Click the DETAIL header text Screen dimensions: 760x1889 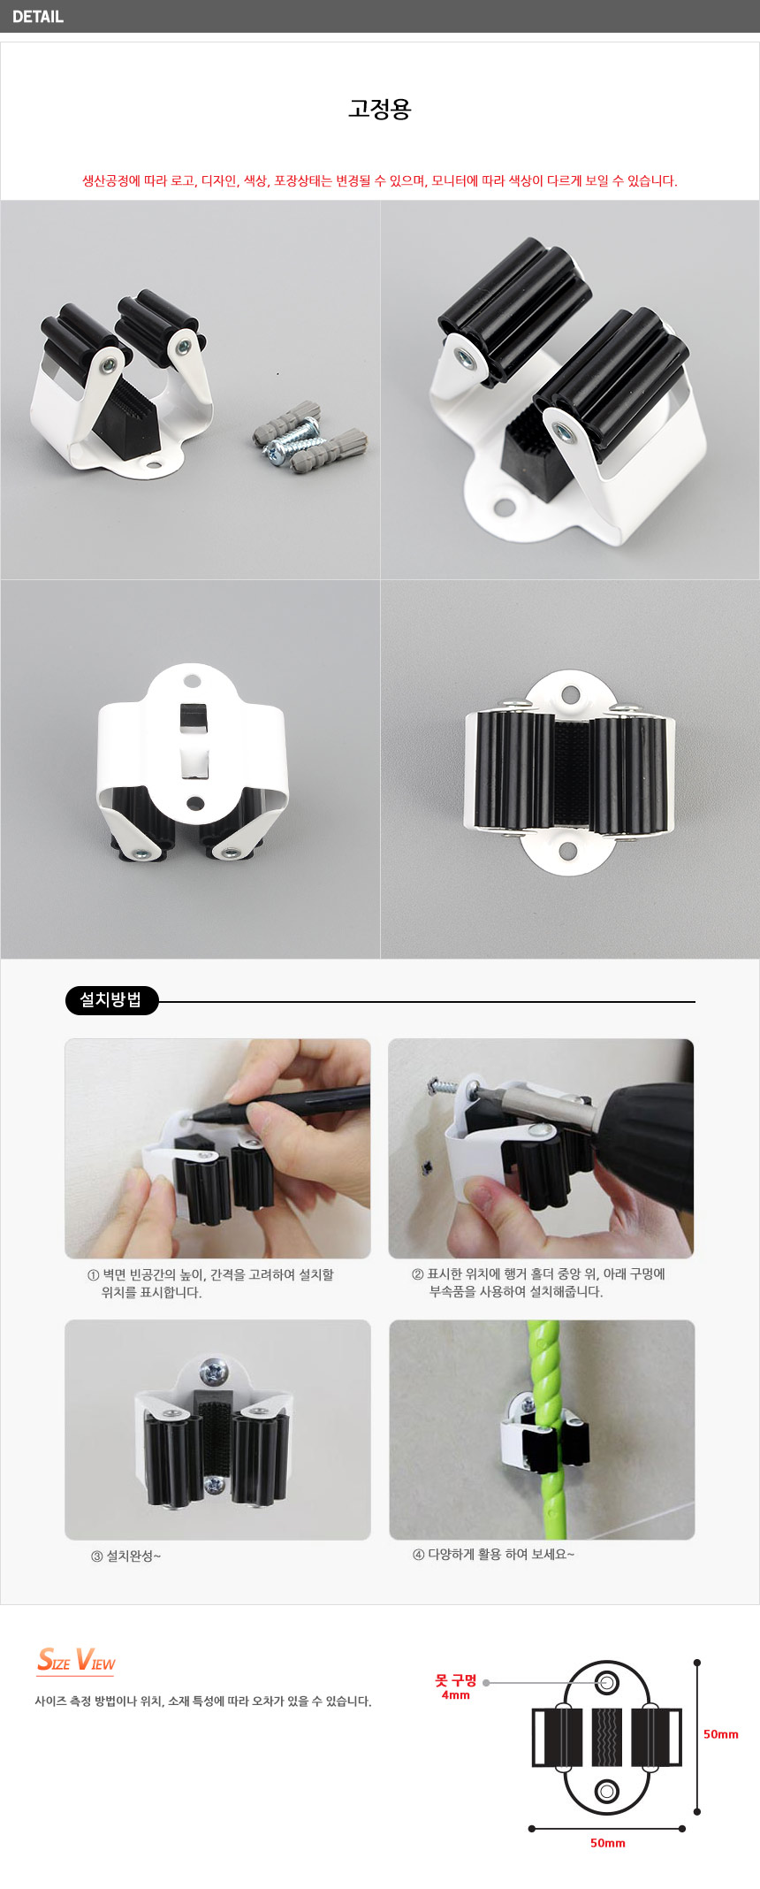38,17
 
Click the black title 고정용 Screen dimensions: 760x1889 380,109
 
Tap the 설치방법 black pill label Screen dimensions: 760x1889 111,1000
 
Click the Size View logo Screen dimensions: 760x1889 76,1660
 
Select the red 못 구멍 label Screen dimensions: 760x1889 456,1680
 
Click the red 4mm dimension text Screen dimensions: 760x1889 456,1695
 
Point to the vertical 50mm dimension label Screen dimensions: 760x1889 721,1734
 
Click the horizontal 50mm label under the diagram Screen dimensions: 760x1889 608,1843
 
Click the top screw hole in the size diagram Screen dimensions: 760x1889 607,1682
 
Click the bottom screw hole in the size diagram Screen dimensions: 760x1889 607,1791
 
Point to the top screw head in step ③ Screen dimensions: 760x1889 213,1373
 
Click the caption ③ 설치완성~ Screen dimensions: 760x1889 125,1556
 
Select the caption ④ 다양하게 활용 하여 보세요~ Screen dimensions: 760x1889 493,1555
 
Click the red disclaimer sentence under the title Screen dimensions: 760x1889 380,181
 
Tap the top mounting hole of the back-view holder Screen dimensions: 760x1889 192,682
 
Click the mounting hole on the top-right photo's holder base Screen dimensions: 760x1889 504,508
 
